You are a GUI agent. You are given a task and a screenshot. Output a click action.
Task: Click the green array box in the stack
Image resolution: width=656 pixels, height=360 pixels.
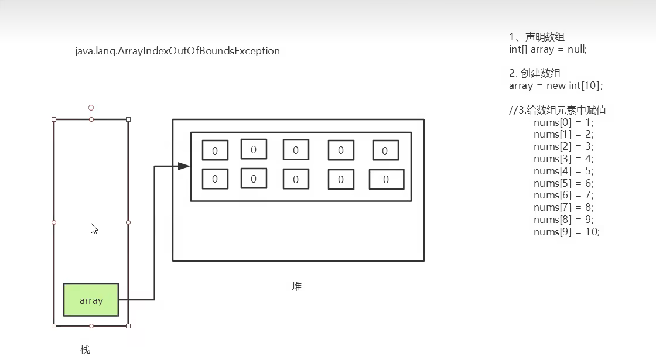(91, 300)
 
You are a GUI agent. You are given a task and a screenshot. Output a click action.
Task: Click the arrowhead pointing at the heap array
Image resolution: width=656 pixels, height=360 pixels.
(184, 166)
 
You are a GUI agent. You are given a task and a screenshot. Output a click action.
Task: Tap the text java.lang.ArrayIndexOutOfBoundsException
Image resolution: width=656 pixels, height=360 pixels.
(177, 51)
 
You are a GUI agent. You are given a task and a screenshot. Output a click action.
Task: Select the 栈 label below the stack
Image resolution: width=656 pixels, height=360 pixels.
(86, 349)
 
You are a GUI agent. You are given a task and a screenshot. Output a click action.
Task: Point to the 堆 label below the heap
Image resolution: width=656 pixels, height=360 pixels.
(297, 286)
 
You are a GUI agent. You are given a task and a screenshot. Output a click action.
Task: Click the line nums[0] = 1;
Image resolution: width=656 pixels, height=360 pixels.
(563, 122)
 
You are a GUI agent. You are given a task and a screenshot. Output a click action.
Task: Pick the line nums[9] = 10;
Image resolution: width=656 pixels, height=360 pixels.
(566, 232)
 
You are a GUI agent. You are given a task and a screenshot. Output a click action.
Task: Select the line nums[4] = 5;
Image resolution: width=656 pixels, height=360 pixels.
(563, 171)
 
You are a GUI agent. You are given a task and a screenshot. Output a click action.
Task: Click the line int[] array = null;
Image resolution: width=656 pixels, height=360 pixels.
(548, 49)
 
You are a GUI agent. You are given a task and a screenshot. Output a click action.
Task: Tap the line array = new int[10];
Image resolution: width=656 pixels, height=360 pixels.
(555, 85)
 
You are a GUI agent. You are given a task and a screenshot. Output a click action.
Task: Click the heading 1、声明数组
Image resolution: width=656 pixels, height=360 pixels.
(537, 37)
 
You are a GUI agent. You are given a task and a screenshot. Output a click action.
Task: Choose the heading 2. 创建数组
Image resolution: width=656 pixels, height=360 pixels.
(535, 73)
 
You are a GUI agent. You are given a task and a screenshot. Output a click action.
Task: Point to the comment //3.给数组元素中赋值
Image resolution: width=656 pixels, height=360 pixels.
(558, 110)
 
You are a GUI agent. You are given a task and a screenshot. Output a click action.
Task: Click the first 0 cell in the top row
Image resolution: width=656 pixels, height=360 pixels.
(215, 150)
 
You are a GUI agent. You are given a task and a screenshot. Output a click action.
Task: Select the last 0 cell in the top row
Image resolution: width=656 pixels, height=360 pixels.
(385, 150)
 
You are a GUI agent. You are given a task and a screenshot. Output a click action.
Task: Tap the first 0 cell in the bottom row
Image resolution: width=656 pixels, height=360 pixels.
(215, 179)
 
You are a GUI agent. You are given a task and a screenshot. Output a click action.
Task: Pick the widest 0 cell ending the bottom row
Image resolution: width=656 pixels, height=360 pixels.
(386, 180)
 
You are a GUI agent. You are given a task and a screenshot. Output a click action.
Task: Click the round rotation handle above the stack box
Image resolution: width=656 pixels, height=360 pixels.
(91, 108)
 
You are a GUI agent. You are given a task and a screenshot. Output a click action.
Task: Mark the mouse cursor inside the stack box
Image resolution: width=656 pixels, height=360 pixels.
(94, 228)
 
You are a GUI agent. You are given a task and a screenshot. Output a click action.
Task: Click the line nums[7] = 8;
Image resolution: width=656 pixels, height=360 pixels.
(563, 207)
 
